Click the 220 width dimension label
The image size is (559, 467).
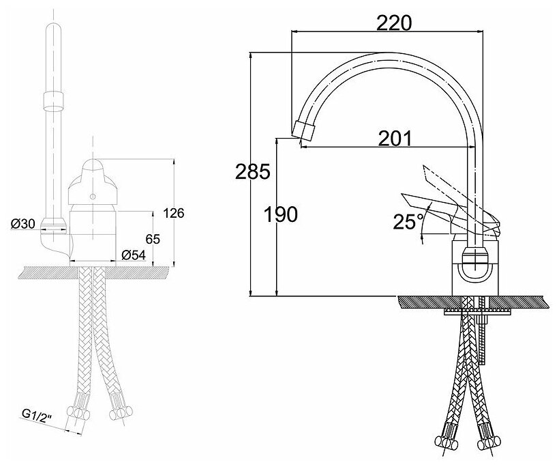395,23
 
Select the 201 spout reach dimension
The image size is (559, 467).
395,139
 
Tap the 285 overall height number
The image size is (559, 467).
253,172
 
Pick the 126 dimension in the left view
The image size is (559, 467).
174,213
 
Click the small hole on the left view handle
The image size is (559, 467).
93,197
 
